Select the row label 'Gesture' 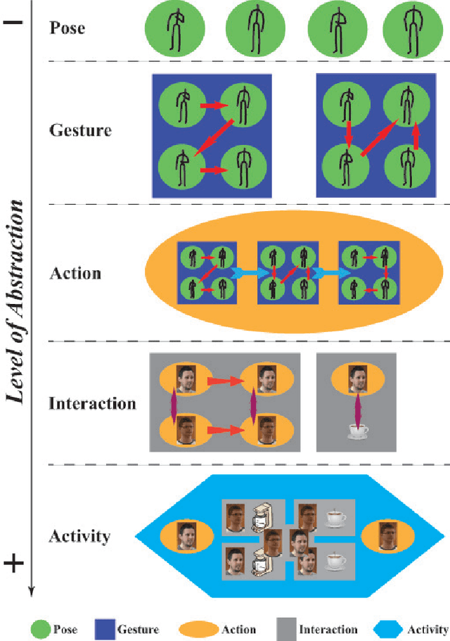(x=80, y=130)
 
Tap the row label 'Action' (x=75, y=272)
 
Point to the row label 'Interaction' (x=92, y=403)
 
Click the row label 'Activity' (x=79, y=536)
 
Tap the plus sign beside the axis (x=14, y=562)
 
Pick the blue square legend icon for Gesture (x=105, y=629)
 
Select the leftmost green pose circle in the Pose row (x=174, y=30)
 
